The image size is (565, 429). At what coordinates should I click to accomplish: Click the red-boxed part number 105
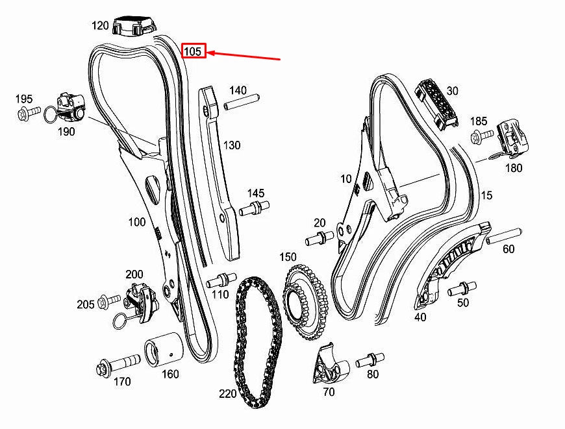pyautogui.click(x=194, y=51)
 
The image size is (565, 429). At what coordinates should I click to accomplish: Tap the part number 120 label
pyautogui.click(x=100, y=26)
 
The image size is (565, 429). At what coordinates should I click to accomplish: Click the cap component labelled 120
pyautogui.click(x=135, y=26)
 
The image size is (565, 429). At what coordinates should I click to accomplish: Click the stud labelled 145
pyautogui.click(x=255, y=208)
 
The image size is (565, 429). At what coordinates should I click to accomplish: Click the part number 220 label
pyautogui.click(x=227, y=393)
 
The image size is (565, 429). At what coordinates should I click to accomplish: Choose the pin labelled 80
pyautogui.click(x=368, y=358)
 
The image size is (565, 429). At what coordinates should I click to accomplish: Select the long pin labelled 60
pyautogui.click(x=503, y=234)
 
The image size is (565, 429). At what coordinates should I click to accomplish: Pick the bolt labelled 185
pyautogui.click(x=482, y=136)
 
